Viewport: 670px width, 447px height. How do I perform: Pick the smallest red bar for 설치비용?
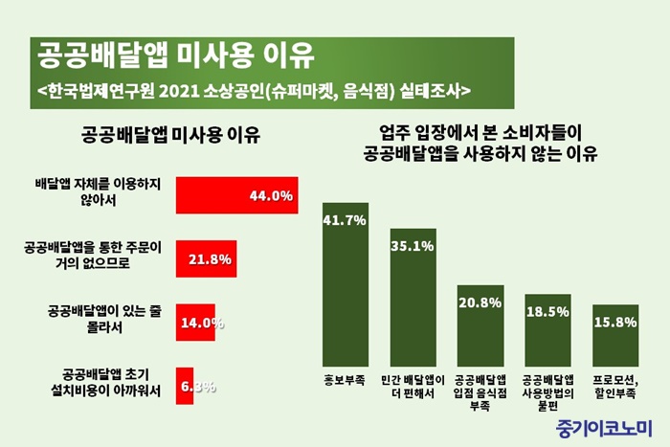tap(185, 386)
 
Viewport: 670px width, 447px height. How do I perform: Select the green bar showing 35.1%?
tap(413, 305)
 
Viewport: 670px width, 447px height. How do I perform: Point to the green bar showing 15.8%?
tap(615, 341)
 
